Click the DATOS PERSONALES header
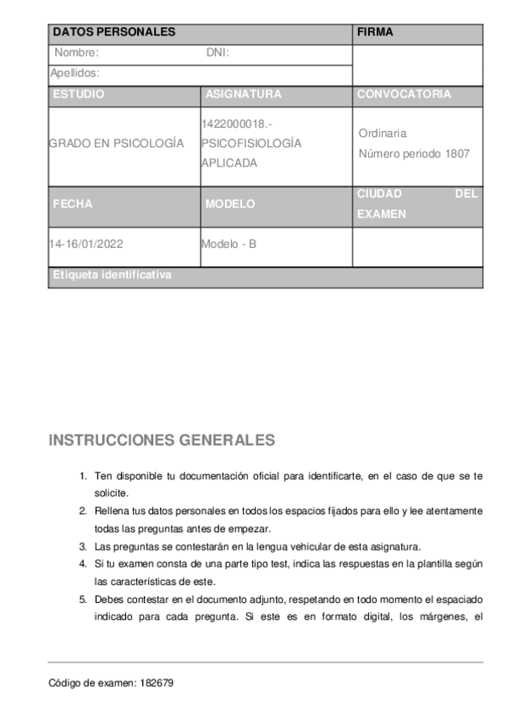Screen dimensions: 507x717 (114, 33)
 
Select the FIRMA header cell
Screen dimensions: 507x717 (375, 33)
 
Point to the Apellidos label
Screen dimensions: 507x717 (74, 74)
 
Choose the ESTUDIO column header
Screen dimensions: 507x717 (78, 95)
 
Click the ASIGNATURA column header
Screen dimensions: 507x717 (243, 95)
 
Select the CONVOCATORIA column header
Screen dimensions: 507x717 (404, 95)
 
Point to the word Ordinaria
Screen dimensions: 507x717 (383, 134)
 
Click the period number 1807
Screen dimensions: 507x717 (456, 154)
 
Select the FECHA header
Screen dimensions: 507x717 (72, 205)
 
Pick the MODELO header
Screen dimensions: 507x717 (229, 205)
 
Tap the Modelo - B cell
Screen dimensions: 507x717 (228, 245)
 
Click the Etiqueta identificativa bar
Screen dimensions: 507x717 (112, 276)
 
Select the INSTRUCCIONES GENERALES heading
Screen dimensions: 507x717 (162, 441)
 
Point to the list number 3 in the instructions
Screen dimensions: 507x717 (83, 545)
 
